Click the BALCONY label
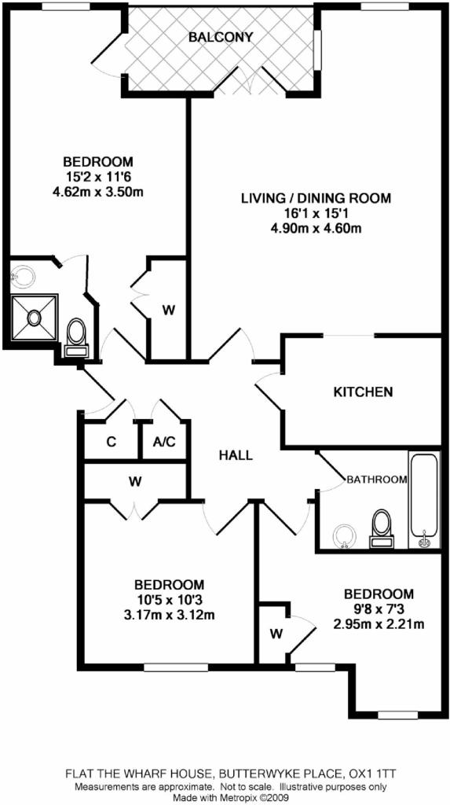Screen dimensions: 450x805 pyautogui.click(x=221, y=37)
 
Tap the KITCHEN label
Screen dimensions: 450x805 pyautogui.click(x=364, y=392)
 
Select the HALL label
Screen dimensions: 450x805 pyautogui.click(x=236, y=455)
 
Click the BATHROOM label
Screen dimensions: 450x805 pyautogui.click(x=377, y=480)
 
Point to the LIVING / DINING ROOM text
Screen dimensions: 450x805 pyautogui.click(x=316, y=197)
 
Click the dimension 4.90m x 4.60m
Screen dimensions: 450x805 pyautogui.click(x=316, y=228)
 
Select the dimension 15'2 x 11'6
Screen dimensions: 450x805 pyautogui.click(x=98, y=178)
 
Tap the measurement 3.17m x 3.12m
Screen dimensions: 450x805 pyautogui.click(x=170, y=614)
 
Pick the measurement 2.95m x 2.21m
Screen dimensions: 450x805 pyautogui.click(x=379, y=624)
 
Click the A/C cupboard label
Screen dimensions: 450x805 pyautogui.click(x=165, y=442)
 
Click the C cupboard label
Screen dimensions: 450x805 pyautogui.click(x=110, y=442)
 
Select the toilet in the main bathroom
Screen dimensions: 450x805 pyautogui.click(x=381, y=527)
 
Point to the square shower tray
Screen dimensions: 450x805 pyautogui.click(x=35, y=317)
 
